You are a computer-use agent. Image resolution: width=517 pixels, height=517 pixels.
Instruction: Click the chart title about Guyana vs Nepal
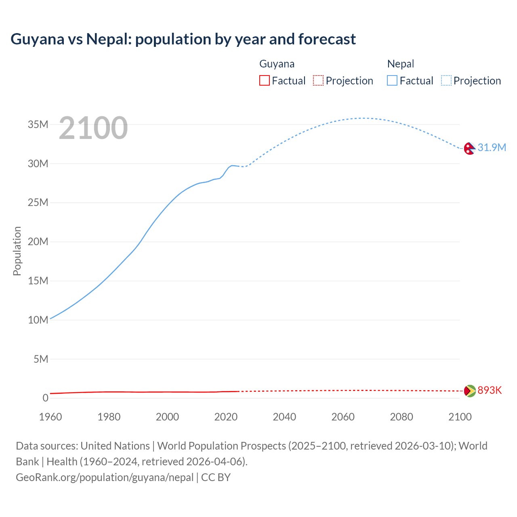(x=183, y=39)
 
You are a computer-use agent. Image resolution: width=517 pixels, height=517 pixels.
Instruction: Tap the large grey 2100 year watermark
(x=93, y=128)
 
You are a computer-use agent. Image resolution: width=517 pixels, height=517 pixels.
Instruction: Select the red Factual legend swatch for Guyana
(x=264, y=80)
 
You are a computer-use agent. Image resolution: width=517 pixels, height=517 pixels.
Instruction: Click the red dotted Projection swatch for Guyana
(x=318, y=80)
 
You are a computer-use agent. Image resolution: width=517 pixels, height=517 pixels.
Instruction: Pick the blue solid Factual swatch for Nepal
(x=392, y=80)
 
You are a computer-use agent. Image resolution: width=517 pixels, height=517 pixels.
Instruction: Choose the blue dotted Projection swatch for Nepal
(x=446, y=80)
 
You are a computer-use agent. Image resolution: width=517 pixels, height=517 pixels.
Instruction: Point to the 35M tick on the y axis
(x=38, y=124)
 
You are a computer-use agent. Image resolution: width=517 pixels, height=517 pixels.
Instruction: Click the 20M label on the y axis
(x=38, y=242)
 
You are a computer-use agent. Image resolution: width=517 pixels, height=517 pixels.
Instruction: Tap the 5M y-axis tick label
(x=41, y=359)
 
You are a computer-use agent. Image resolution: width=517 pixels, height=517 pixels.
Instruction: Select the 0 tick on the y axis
(x=45, y=398)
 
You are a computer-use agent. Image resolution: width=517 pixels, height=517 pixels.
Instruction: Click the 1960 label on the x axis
(x=50, y=417)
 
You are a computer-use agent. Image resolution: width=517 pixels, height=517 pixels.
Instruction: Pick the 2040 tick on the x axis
(x=284, y=417)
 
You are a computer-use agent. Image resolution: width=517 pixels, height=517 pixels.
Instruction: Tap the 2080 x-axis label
(x=401, y=417)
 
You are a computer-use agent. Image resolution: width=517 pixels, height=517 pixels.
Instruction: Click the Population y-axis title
(x=17, y=251)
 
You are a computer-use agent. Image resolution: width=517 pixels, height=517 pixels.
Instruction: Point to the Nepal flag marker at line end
(x=469, y=148)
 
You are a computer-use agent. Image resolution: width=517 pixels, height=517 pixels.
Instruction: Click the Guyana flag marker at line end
(x=469, y=391)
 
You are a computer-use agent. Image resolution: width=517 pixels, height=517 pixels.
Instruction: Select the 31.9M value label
(x=492, y=147)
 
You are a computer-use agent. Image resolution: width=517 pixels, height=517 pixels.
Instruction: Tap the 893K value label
(x=490, y=390)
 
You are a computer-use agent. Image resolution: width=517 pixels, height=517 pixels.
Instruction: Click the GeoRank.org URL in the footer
(x=105, y=477)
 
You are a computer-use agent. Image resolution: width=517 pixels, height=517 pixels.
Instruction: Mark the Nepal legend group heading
(x=400, y=64)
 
